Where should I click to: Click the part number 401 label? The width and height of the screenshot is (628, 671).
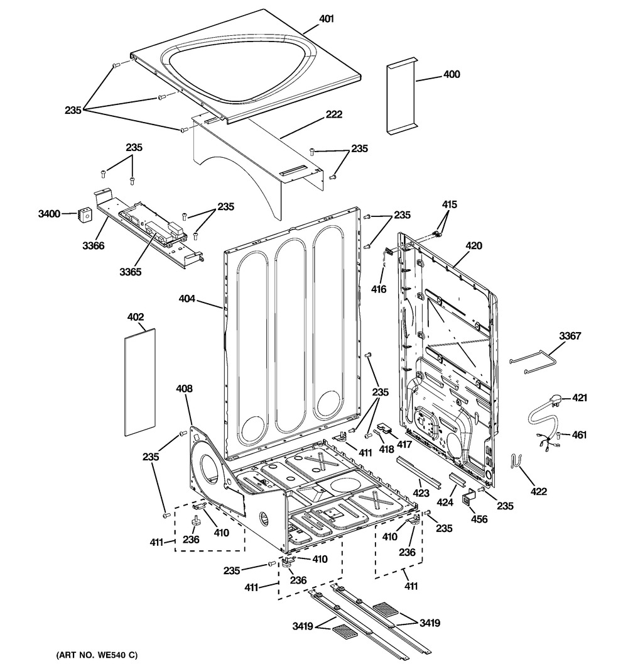tap(327, 19)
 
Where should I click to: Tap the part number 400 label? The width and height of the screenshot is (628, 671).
tap(451, 74)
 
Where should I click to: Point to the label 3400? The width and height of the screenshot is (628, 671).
tap(49, 214)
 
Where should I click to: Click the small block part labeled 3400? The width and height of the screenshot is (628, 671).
tap(84, 215)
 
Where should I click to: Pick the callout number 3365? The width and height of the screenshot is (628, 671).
tap(130, 272)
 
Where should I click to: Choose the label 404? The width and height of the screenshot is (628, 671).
tap(187, 298)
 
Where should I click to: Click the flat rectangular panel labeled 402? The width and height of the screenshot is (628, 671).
tap(139, 382)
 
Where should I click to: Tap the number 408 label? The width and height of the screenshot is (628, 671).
tap(184, 389)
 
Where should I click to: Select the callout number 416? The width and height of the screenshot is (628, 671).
tap(378, 289)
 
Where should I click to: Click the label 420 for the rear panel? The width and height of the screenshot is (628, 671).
tap(474, 246)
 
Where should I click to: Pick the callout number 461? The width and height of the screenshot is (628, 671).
tap(579, 435)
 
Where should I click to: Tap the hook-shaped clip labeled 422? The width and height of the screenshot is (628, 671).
tap(515, 460)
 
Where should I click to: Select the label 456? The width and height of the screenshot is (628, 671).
tap(479, 519)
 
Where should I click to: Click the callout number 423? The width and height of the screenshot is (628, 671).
tap(421, 493)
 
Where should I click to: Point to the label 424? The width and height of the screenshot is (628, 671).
tap(445, 502)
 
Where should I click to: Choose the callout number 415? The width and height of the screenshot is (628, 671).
tap(449, 204)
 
